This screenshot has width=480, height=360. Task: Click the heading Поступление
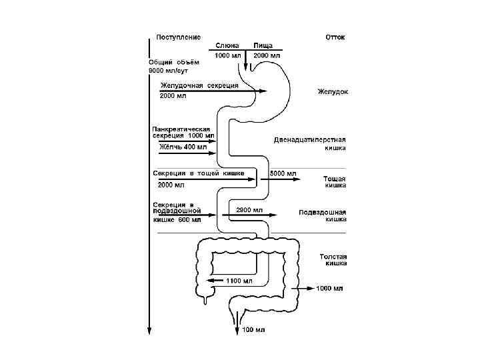(178, 37)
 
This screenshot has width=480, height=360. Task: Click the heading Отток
(335, 37)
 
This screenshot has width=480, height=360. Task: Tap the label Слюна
(227, 45)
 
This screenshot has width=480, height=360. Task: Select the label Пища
(263, 45)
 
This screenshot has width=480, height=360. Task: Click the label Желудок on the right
(333, 91)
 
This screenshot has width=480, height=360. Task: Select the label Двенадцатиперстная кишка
(311, 143)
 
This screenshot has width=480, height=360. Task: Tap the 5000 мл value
(281, 173)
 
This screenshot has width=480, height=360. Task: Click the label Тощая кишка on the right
(335, 183)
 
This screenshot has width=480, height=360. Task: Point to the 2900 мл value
(249, 209)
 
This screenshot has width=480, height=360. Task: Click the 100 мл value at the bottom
(253, 330)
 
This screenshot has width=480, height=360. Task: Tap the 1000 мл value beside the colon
(329, 289)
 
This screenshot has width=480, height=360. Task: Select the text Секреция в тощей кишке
(199, 173)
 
